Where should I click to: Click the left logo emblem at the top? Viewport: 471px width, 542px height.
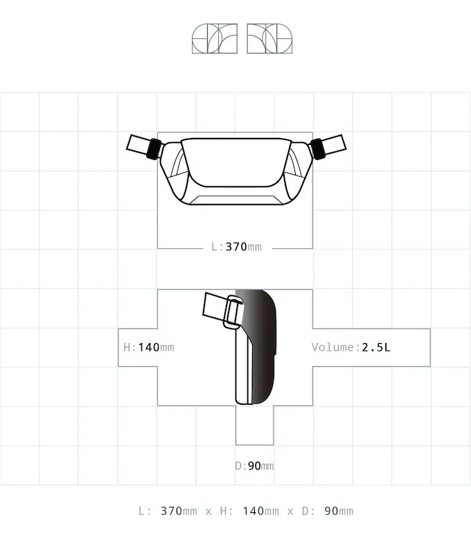click(x=215, y=38)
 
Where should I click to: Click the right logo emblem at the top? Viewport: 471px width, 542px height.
click(x=269, y=38)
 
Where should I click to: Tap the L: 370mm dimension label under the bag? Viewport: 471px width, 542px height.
click(x=236, y=247)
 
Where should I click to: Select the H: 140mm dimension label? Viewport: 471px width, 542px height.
click(x=149, y=347)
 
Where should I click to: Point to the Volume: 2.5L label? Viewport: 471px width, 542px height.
click(x=350, y=347)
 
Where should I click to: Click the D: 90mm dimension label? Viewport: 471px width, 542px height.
click(x=254, y=466)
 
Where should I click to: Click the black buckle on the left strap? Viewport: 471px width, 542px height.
click(x=154, y=149)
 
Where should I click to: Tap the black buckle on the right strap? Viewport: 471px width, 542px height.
click(x=318, y=149)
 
